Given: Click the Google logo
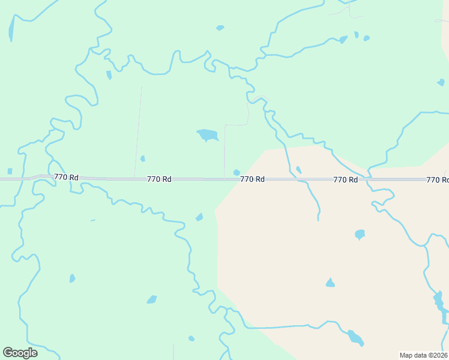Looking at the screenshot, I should (20, 353).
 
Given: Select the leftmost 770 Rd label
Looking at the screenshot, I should (66, 177).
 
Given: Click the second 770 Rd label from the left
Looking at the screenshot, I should (159, 179).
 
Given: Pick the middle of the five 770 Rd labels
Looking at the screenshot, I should (252, 179).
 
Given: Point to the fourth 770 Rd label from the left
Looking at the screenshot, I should (345, 179).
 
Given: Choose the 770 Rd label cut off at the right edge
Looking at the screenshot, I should (438, 179).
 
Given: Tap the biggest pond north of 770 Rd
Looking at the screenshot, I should (208, 135).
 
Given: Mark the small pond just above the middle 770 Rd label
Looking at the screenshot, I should (237, 173).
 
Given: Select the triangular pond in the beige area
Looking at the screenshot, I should (330, 283).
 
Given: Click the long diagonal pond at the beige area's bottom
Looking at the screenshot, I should (355, 338).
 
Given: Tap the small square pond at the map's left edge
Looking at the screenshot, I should (9, 171).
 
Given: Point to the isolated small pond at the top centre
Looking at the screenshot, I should (220, 28).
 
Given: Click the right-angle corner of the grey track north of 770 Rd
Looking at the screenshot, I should (225, 125).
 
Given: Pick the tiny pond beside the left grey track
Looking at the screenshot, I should (142, 158).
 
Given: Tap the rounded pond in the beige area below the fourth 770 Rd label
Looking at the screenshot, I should (360, 233).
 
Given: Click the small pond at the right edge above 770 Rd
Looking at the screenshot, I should (441, 82).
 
